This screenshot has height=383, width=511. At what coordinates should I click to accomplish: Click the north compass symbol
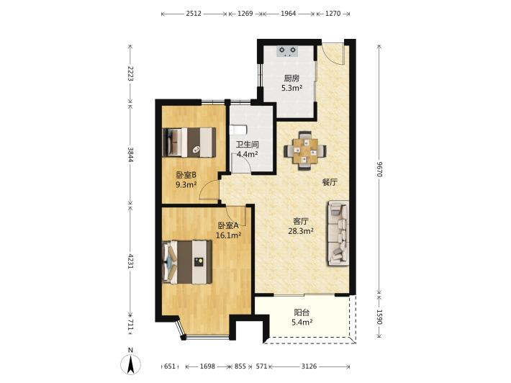click(131, 362)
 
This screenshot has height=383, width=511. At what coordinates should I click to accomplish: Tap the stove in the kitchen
click(287, 51)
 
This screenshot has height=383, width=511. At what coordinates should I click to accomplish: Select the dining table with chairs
click(304, 150)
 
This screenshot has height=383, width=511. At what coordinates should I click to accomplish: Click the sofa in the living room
click(338, 233)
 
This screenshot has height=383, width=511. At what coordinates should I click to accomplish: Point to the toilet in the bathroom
click(238, 130)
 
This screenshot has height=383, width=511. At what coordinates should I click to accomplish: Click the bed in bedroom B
click(189, 142)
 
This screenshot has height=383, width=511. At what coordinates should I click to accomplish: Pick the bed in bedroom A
click(186, 262)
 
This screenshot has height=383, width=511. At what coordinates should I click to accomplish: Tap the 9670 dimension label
click(379, 169)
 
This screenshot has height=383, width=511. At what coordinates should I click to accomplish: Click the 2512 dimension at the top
click(194, 14)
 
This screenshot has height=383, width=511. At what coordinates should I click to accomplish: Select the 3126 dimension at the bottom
click(309, 366)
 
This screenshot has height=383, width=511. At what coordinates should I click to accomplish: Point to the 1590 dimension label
click(379, 317)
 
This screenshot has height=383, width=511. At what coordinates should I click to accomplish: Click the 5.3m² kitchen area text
click(291, 88)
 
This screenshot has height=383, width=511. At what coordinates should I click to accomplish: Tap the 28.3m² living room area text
click(301, 231)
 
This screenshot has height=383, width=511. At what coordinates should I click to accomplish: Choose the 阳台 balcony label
click(302, 312)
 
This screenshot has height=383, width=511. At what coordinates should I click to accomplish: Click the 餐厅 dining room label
click(330, 182)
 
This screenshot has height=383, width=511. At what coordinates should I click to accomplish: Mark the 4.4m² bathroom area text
click(248, 154)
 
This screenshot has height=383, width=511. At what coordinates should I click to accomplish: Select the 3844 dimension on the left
click(130, 155)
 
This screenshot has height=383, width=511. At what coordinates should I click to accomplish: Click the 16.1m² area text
click(228, 235)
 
